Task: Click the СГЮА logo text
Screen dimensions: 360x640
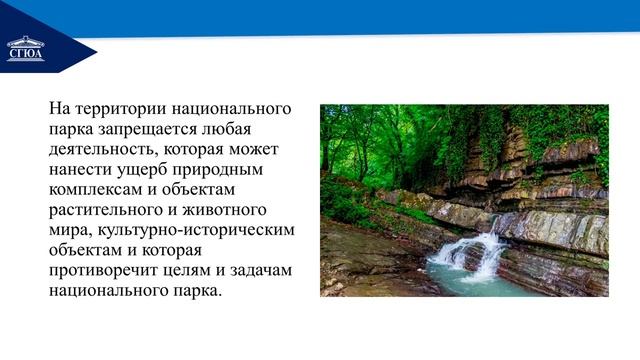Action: coord(25,56)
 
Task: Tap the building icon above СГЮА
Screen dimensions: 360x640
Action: coord(25,43)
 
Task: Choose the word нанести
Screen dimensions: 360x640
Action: coord(79,169)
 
